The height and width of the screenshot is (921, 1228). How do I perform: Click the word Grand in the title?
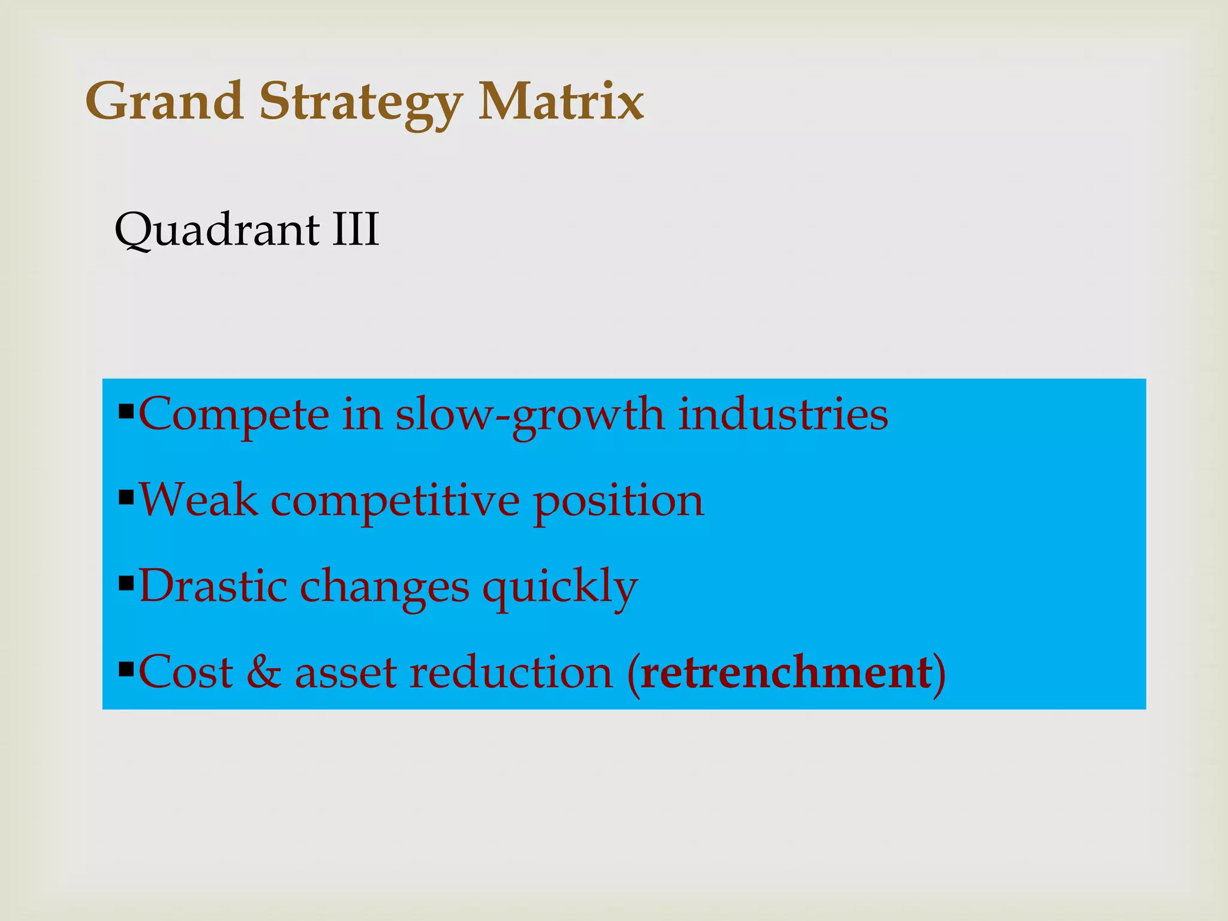(x=164, y=101)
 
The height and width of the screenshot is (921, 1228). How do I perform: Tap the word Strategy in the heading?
(x=360, y=103)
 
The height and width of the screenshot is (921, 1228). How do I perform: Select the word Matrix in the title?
(x=561, y=101)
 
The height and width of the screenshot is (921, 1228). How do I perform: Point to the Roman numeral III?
(x=356, y=229)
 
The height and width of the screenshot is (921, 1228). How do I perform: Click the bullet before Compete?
(x=126, y=412)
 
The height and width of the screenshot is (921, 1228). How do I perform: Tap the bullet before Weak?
(x=126, y=498)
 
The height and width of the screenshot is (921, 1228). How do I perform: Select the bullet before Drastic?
(x=126, y=583)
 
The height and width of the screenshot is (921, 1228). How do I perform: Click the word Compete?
(x=234, y=415)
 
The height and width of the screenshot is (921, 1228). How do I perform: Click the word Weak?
(x=198, y=499)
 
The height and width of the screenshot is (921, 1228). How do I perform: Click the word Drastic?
(x=213, y=586)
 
